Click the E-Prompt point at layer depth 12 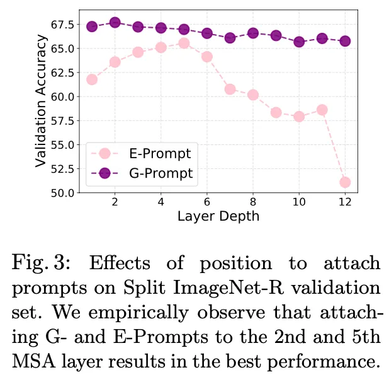(345, 182)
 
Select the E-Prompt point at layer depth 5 (184, 43)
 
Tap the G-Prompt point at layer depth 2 (115, 23)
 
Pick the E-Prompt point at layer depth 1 (92, 79)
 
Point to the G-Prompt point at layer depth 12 (345, 41)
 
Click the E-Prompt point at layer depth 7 (230, 89)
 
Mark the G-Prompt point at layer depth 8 (253, 33)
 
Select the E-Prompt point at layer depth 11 (322, 110)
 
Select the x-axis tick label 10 (298, 203)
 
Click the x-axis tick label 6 (206, 203)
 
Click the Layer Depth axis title (218, 216)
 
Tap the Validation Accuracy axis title (40, 101)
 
